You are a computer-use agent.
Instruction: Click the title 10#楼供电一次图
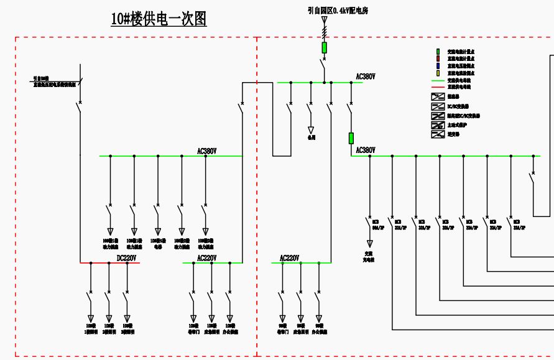click(x=159, y=19)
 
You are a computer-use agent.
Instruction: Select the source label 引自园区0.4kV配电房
click(x=338, y=11)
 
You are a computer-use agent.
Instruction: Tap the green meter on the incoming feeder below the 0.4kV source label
click(x=324, y=48)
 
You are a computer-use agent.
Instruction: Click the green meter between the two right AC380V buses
click(x=351, y=137)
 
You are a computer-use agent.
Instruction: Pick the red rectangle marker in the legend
click(x=438, y=58)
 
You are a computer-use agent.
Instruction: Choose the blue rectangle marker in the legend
click(x=438, y=66)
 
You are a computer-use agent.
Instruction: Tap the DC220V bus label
click(x=127, y=258)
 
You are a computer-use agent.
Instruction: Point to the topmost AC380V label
click(x=366, y=77)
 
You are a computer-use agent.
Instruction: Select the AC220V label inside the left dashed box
click(x=207, y=258)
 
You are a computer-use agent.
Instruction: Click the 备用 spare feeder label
click(x=312, y=137)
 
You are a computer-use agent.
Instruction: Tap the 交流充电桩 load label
click(x=369, y=256)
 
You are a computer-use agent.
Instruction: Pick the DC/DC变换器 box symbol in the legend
click(x=438, y=106)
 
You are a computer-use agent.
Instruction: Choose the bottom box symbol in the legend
click(x=438, y=134)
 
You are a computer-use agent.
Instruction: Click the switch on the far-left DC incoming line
click(x=79, y=107)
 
